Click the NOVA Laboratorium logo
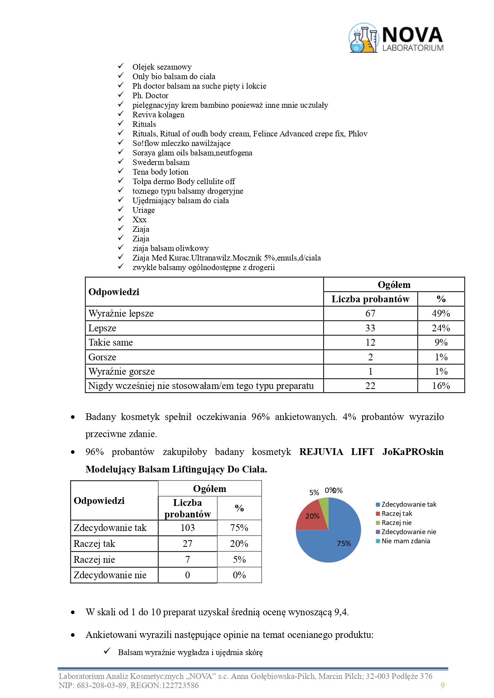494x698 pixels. click(x=396, y=38)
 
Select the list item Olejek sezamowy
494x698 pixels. click(x=162, y=67)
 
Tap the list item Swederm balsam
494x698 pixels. click(x=161, y=162)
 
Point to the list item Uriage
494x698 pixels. click(x=143, y=210)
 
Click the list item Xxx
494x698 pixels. click(x=139, y=220)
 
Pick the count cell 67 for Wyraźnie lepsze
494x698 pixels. click(x=370, y=313)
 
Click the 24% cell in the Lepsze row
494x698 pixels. click(x=441, y=328)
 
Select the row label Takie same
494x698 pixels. click(x=111, y=342)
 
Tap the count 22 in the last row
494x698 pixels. click(x=370, y=386)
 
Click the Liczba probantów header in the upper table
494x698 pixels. click(x=370, y=299)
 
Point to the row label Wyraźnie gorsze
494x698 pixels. click(x=121, y=371)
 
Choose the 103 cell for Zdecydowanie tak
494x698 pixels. click(x=187, y=528)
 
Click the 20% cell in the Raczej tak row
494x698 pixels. click(x=239, y=544)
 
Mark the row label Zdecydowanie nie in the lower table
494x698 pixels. click(x=110, y=575)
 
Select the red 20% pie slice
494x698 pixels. click(x=312, y=516)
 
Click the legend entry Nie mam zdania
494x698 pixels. click(x=405, y=541)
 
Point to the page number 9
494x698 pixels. click(x=443, y=685)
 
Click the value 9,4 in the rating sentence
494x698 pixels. click(x=341, y=612)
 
